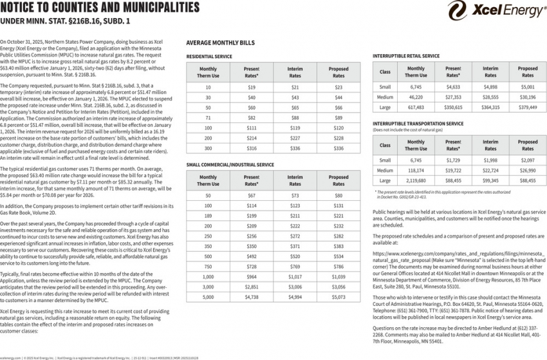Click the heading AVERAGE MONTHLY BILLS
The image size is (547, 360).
coord(220,43)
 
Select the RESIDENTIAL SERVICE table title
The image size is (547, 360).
coord(209,57)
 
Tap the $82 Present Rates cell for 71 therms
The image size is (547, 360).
coord(252,118)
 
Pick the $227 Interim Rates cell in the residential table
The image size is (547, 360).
coord(295,138)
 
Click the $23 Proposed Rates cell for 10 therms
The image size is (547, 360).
coord(338,87)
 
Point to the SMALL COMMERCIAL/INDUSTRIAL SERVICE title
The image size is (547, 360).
coord(230,165)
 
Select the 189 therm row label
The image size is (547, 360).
coord(208,216)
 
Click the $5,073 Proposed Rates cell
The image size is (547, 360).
coord(338,298)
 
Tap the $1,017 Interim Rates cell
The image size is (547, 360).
coord(295,277)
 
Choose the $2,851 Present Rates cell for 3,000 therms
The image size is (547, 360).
coord(252,287)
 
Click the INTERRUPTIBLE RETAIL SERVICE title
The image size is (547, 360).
coord(406,56)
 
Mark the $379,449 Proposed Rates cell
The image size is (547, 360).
coord(528,107)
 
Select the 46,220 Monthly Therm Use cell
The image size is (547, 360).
coord(416,97)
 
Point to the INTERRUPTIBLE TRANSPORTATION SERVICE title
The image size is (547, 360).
coord(418,123)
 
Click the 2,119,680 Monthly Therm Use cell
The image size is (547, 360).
coord(416,181)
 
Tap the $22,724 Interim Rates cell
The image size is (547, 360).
coord(490,171)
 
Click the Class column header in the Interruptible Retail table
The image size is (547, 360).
coord(385,71)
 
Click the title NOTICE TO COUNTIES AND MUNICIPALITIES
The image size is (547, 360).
coord(100,8)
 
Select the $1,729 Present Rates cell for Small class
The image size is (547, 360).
coord(453,160)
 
